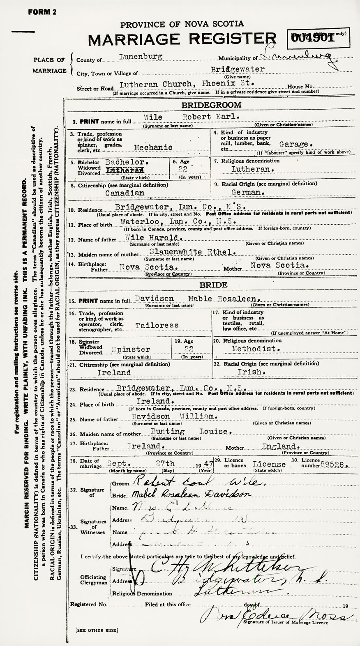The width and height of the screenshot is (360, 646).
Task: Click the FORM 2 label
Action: tap(42, 12)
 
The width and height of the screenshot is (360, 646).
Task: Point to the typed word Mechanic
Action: tap(153, 147)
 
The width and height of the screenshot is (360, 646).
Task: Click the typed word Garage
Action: tap(295, 145)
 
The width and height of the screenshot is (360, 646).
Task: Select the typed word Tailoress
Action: tap(157, 325)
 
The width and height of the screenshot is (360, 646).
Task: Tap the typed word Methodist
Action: tap(256, 349)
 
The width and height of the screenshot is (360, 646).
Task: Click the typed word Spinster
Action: tap(131, 349)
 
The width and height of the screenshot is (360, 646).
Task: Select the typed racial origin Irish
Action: tap(250, 371)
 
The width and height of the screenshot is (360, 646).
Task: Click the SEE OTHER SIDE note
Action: tap(97, 630)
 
